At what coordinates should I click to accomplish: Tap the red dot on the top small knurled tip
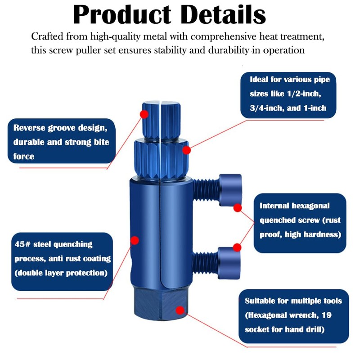[x=144, y=114]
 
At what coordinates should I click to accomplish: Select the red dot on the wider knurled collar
[x=186, y=149]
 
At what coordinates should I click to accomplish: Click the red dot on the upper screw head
[x=238, y=208]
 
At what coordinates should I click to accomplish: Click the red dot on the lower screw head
[x=237, y=247]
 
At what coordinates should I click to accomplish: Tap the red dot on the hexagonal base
[x=180, y=310]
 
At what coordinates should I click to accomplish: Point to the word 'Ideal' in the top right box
[x=261, y=80]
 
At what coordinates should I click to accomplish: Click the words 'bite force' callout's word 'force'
[x=24, y=157]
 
